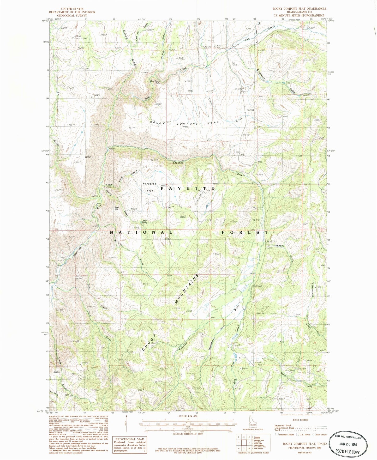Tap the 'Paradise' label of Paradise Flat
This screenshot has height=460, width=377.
point(149,184)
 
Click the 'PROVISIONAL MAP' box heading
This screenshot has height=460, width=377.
point(129,439)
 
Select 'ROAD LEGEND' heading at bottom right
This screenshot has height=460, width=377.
point(301,420)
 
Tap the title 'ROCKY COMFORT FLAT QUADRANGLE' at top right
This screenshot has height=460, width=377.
point(299,9)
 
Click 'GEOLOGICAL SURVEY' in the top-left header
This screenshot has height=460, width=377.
point(72,15)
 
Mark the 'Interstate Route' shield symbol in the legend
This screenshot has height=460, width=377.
point(277,434)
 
